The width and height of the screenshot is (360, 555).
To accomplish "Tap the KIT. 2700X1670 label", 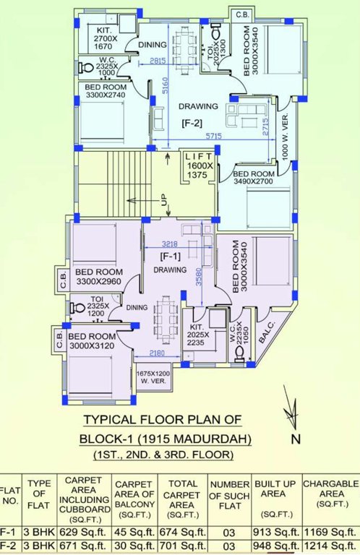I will click(110, 38).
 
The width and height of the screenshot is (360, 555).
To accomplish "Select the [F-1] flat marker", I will click(170, 257).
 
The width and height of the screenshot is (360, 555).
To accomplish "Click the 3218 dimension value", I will click(171, 244).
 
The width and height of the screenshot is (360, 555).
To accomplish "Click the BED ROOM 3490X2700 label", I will click(253, 178).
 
